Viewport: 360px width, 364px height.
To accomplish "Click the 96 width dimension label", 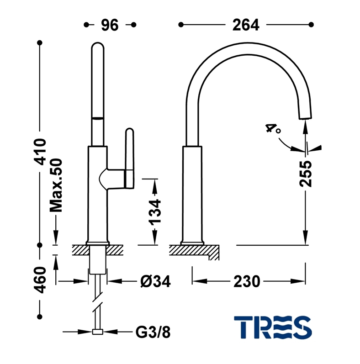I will tap(110, 25).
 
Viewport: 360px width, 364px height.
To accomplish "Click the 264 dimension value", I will tap(246, 25).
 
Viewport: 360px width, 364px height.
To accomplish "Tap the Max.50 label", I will tap(56, 185).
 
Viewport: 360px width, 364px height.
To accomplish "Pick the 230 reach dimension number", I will tap(247, 282).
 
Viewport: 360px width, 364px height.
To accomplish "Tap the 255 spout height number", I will tap(305, 174).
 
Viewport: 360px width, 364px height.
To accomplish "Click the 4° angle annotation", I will tap(273, 130).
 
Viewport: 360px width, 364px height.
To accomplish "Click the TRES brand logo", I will tap(273, 327).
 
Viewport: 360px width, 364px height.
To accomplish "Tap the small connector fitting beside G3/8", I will tap(97, 332).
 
